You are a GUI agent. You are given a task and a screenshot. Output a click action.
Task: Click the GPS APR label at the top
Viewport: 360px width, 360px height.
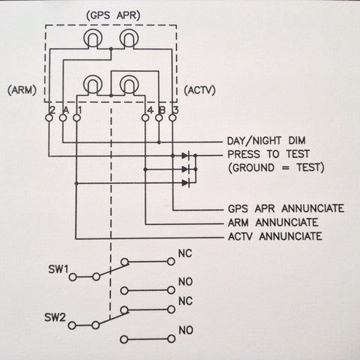pyautogui.click(x=113, y=16)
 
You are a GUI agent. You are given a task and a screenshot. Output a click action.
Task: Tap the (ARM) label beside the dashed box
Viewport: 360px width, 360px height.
pyautogui.click(x=22, y=90)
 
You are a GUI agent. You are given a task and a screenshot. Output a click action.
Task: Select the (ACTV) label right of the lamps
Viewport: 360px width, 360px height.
pyautogui.click(x=199, y=90)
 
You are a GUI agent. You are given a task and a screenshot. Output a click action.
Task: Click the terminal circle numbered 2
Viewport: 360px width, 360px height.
pyautogui.click(x=49, y=118)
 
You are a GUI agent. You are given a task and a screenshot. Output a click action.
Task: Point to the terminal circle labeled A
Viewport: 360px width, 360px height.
pyautogui.click(x=63, y=118)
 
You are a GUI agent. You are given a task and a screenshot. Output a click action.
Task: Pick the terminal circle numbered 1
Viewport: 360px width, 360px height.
pyautogui.click(x=76, y=118)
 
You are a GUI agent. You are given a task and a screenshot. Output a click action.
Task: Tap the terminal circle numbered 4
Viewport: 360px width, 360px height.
pyautogui.click(x=145, y=118)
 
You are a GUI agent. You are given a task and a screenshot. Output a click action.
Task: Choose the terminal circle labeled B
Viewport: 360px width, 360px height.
pyautogui.click(x=159, y=118)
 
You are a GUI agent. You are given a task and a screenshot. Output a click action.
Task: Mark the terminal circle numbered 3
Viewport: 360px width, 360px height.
pyautogui.click(x=172, y=118)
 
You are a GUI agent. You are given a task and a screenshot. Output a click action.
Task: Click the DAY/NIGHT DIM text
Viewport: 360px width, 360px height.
pyautogui.click(x=266, y=141)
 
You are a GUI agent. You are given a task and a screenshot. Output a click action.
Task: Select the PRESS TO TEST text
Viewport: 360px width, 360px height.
pyautogui.click(x=268, y=154)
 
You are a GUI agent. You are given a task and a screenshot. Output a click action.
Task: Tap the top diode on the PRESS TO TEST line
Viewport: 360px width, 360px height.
pyautogui.click(x=185, y=156)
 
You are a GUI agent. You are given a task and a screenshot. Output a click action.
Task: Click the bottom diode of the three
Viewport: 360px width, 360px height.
pyautogui.click(x=185, y=183)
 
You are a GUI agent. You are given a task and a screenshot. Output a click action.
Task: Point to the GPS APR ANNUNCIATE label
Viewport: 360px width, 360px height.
pyautogui.click(x=286, y=208)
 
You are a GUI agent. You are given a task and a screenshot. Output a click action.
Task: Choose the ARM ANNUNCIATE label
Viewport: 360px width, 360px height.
pyautogui.click(x=273, y=222)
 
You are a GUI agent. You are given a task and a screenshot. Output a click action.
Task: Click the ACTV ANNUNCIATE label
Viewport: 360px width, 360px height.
pyautogui.click(x=275, y=236)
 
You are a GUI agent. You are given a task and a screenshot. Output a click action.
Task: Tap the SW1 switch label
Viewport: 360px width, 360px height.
pyautogui.click(x=58, y=269)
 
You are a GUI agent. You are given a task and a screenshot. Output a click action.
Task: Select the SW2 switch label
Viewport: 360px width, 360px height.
pyautogui.click(x=55, y=317)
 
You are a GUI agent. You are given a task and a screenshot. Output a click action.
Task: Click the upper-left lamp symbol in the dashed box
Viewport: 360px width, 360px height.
pyautogui.click(x=92, y=38)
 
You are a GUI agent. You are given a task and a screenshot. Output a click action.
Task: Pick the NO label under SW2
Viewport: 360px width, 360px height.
pyautogui.click(x=185, y=330)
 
